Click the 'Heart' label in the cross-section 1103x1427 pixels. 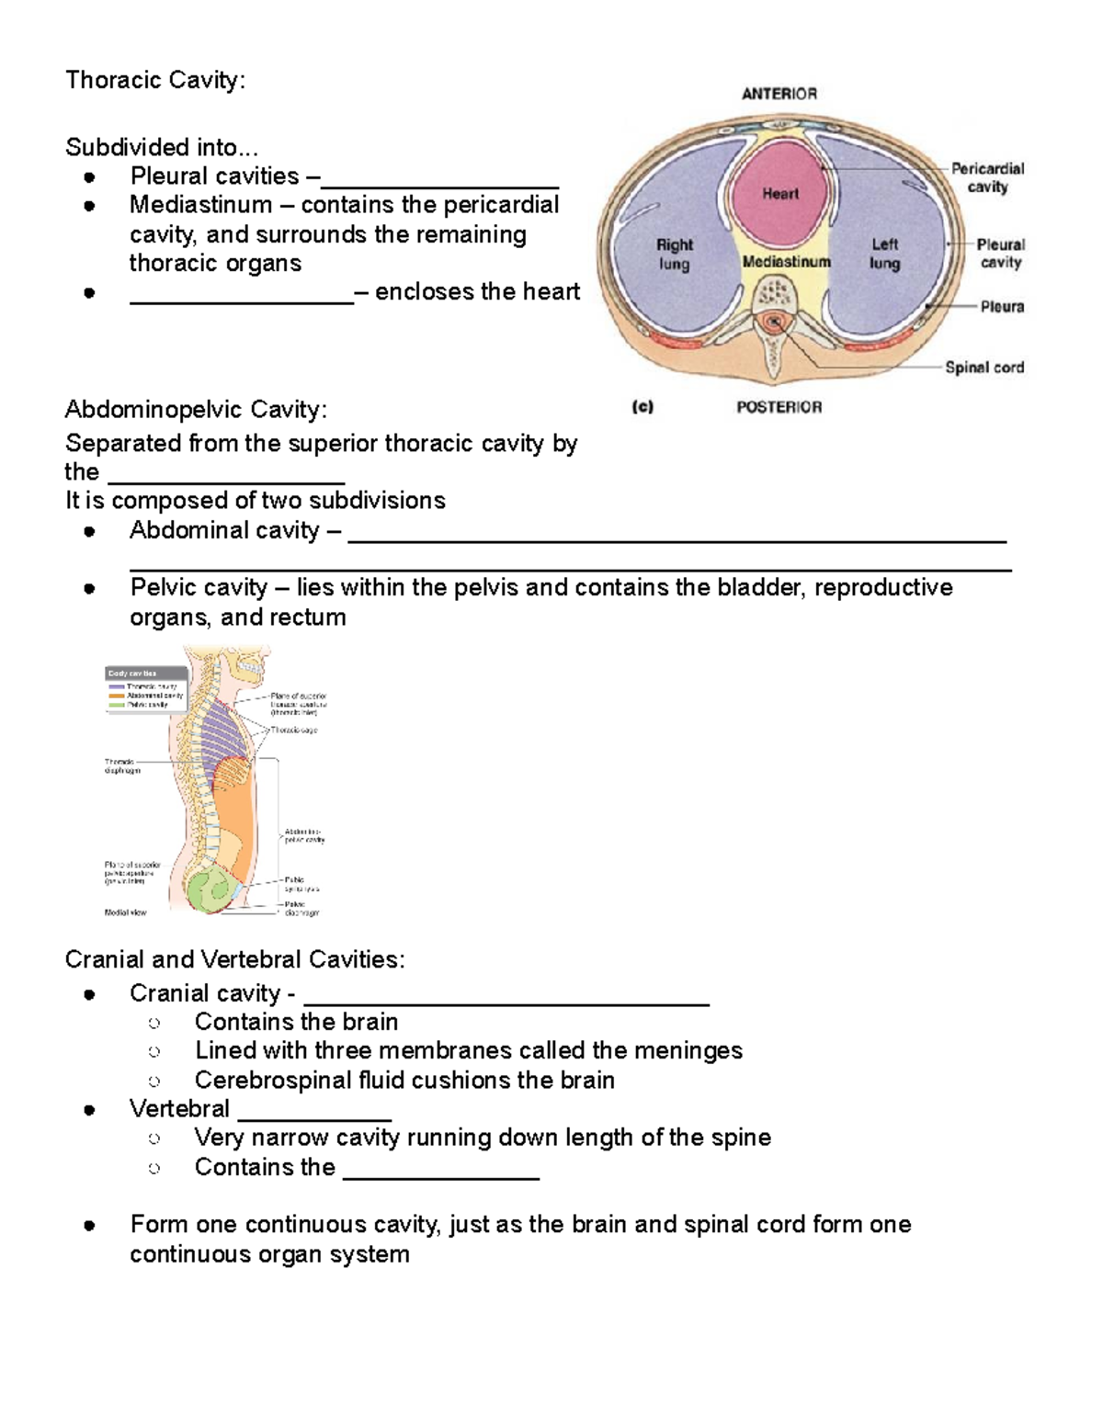point(779,194)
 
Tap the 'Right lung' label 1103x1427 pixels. point(674,255)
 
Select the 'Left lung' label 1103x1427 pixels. point(884,254)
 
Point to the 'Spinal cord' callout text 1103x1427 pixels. point(984,368)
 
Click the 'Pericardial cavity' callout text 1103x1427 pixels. point(987,177)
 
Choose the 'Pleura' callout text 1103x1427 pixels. point(1001,307)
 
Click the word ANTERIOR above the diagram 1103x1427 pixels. point(779,94)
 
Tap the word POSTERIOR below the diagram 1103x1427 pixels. point(779,407)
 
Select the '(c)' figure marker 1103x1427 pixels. point(642,407)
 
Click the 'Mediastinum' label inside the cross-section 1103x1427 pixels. point(786,262)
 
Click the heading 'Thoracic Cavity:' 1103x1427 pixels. point(155,81)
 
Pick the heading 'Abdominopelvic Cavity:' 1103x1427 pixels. point(196,409)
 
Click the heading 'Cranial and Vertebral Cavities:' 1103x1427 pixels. point(234,959)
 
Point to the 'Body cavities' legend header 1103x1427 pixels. point(132,674)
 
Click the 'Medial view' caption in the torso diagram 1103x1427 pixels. point(125,912)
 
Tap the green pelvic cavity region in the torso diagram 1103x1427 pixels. point(210,890)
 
